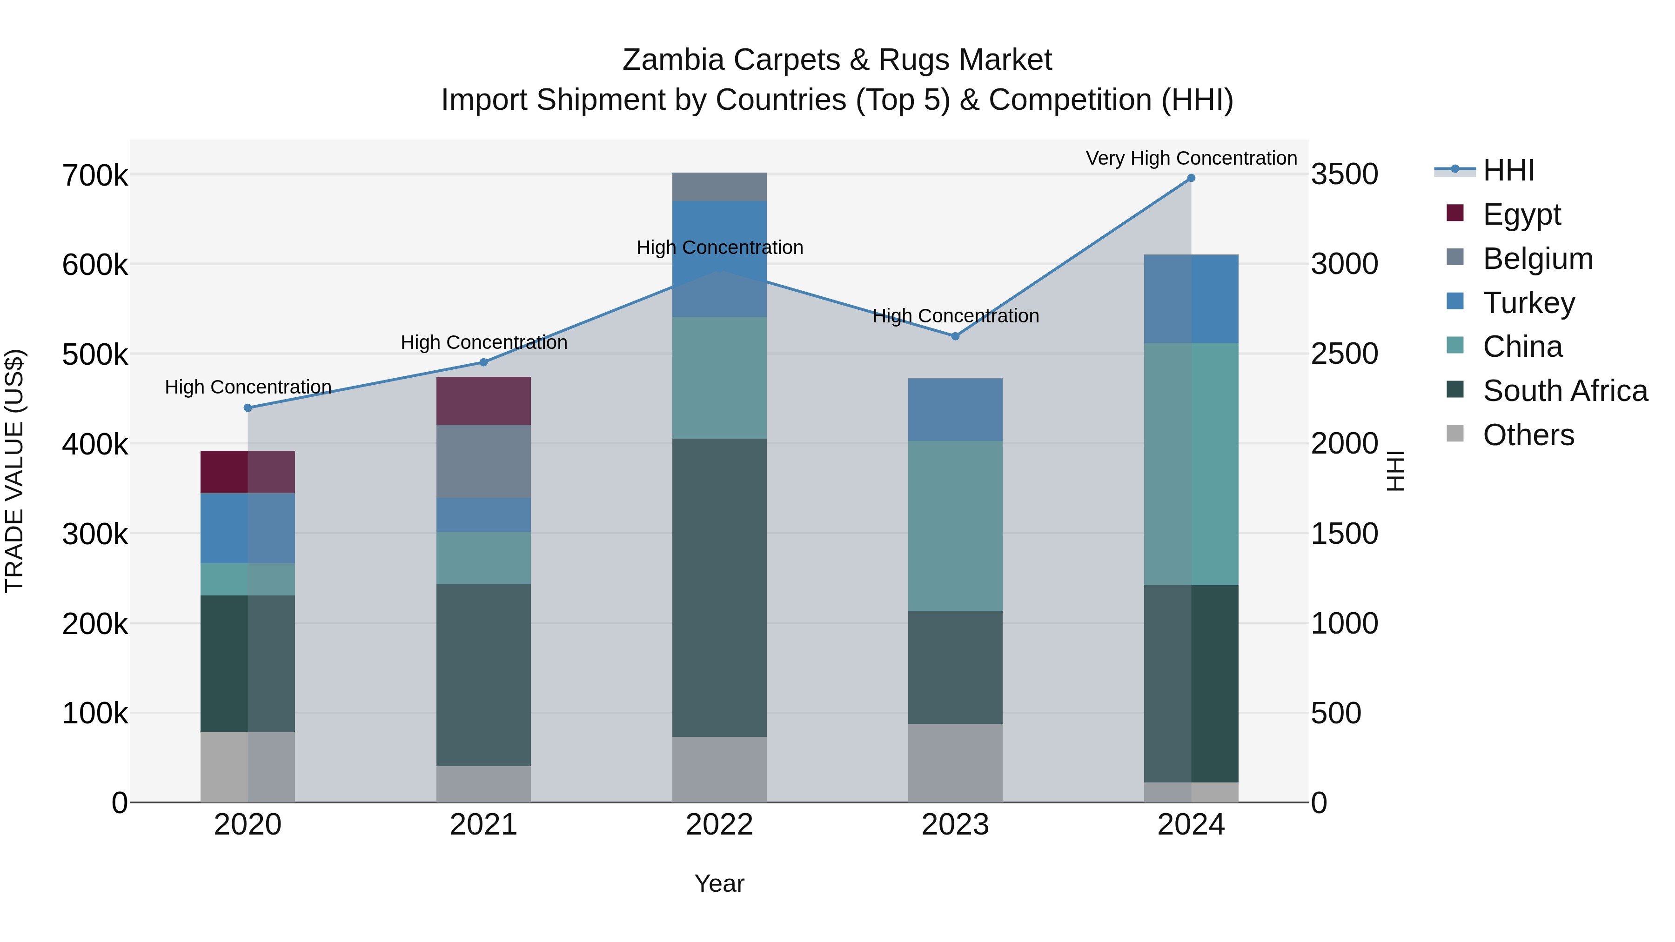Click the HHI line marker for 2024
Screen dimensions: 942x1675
coord(1191,178)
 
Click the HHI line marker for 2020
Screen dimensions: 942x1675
coord(248,408)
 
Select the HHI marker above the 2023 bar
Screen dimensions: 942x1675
coord(955,336)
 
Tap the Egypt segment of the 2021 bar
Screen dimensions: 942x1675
coord(483,401)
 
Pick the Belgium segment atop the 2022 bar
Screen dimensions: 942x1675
coord(719,187)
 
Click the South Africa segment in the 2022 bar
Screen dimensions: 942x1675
coord(719,587)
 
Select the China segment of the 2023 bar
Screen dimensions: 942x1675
coord(955,526)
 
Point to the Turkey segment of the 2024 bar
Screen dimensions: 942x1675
coord(1191,298)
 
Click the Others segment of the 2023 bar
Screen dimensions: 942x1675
coord(955,762)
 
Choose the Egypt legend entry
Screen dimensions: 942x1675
coord(1521,214)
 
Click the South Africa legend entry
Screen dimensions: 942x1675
coord(1564,391)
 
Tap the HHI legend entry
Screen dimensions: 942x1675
coord(1508,170)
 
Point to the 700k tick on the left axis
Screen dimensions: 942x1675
coord(95,175)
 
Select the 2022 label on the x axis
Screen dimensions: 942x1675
coord(719,825)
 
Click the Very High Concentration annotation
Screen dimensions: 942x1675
coord(1191,158)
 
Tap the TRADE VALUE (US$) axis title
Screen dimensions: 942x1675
coord(14,471)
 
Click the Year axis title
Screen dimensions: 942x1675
coord(719,883)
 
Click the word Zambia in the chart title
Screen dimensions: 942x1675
coord(672,60)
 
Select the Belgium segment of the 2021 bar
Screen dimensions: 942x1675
coord(483,461)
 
